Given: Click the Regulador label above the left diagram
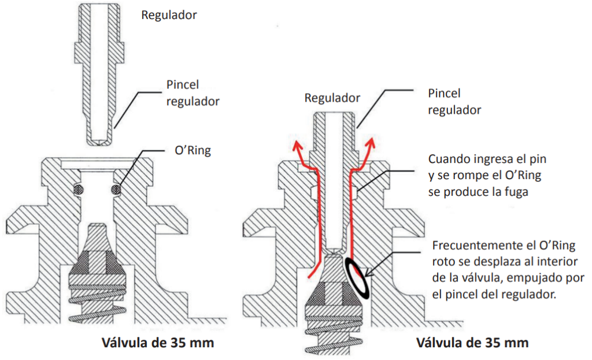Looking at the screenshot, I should [x=169, y=15].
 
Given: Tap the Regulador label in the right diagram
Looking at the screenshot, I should [x=332, y=98].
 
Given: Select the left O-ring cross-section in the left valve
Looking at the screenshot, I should [x=77, y=189].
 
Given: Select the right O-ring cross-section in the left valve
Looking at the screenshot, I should [x=116, y=189].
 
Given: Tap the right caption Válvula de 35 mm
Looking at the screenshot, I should [x=472, y=343].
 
